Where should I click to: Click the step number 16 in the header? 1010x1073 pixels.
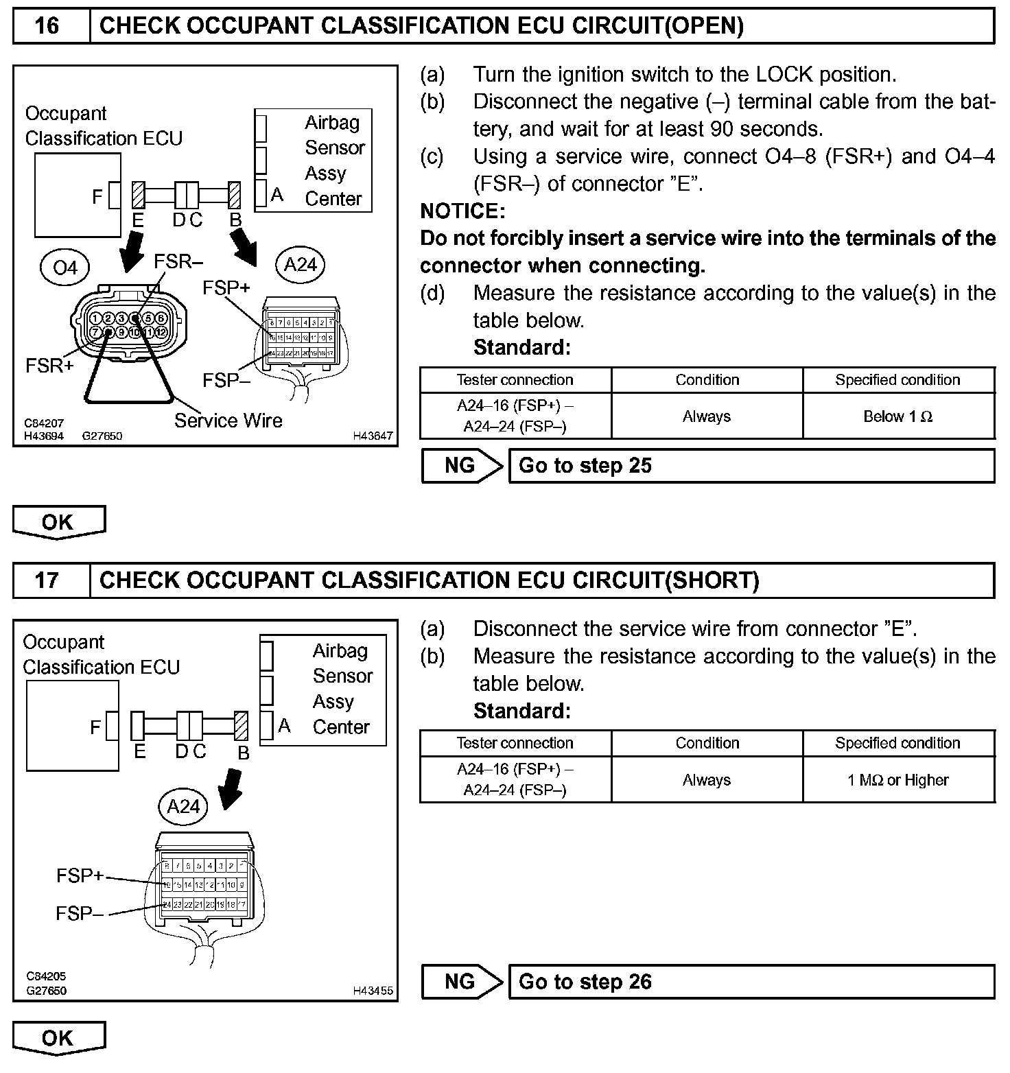(x=47, y=26)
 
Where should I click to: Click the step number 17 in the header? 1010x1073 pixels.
(x=47, y=580)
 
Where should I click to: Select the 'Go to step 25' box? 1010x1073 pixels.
(x=751, y=466)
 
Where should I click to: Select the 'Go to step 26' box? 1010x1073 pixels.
(x=751, y=982)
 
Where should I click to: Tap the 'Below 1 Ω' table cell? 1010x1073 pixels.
(x=898, y=416)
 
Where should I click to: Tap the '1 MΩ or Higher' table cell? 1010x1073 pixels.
(x=898, y=780)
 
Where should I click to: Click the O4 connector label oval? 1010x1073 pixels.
(x=65, y=267)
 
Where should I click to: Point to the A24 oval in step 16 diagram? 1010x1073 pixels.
(x=300, y=265)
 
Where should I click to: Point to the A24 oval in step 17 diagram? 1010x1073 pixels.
(x=183, y=806)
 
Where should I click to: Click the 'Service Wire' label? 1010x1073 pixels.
(x=228, y=421)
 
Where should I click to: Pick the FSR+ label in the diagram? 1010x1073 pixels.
(x=49, y=366)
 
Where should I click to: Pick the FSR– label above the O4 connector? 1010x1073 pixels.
(x=178, y=261)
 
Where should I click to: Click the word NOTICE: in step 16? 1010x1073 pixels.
(x=462, y=211)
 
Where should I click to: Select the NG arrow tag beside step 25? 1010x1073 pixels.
(x=461, y=466)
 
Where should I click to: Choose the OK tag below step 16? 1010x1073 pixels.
(x=58, y=522)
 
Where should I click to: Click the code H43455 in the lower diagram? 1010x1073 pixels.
(x=373, y=991)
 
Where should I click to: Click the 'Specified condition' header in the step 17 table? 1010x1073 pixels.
(x=898, y=743)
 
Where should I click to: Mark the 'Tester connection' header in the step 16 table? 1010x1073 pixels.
(x=515, y=380)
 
